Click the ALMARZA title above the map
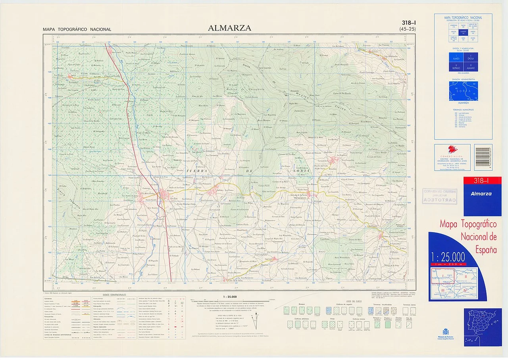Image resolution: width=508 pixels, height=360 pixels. click(x=229, y=28)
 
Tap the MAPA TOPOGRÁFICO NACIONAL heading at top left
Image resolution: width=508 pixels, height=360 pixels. click(x=77, y=29)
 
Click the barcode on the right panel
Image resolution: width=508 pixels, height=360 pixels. click(x=483, y=158)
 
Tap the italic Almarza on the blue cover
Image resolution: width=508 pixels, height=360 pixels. click(x=481, y=194)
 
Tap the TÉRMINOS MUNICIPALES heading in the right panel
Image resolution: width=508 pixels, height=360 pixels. click(x=463, y=109)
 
